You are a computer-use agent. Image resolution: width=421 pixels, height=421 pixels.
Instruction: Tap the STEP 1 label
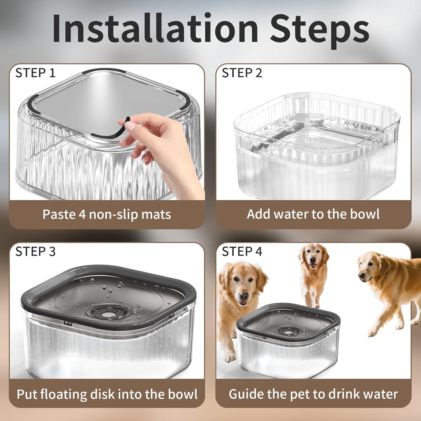click(35, 73)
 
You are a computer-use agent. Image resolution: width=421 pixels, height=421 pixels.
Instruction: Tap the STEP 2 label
click(242, 73)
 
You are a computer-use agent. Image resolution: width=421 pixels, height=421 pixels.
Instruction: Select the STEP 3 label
click(35, 251)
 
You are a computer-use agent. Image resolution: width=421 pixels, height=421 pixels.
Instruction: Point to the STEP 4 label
click(242, 251)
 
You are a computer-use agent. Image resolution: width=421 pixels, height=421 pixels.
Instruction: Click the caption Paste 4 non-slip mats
click(107, 214)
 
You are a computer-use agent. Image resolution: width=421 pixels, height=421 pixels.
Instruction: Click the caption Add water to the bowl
click(313, 214)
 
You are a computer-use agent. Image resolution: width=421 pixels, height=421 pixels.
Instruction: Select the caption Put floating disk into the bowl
click(107, 394)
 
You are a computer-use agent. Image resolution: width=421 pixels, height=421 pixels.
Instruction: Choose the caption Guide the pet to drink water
click(313, 394)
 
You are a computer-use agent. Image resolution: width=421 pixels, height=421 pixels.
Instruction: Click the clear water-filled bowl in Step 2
click(316, 146)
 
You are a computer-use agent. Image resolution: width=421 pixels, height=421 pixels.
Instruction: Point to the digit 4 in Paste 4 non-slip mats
click(82, 214)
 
